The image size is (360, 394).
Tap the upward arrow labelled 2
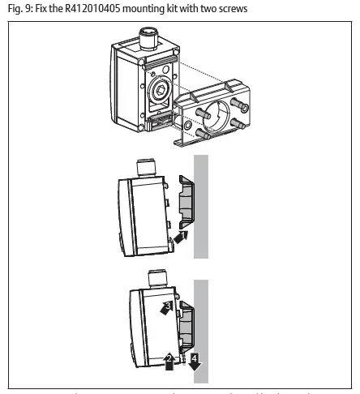click(x=169, y=359)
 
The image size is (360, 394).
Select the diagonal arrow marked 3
click(x=168, y=307)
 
